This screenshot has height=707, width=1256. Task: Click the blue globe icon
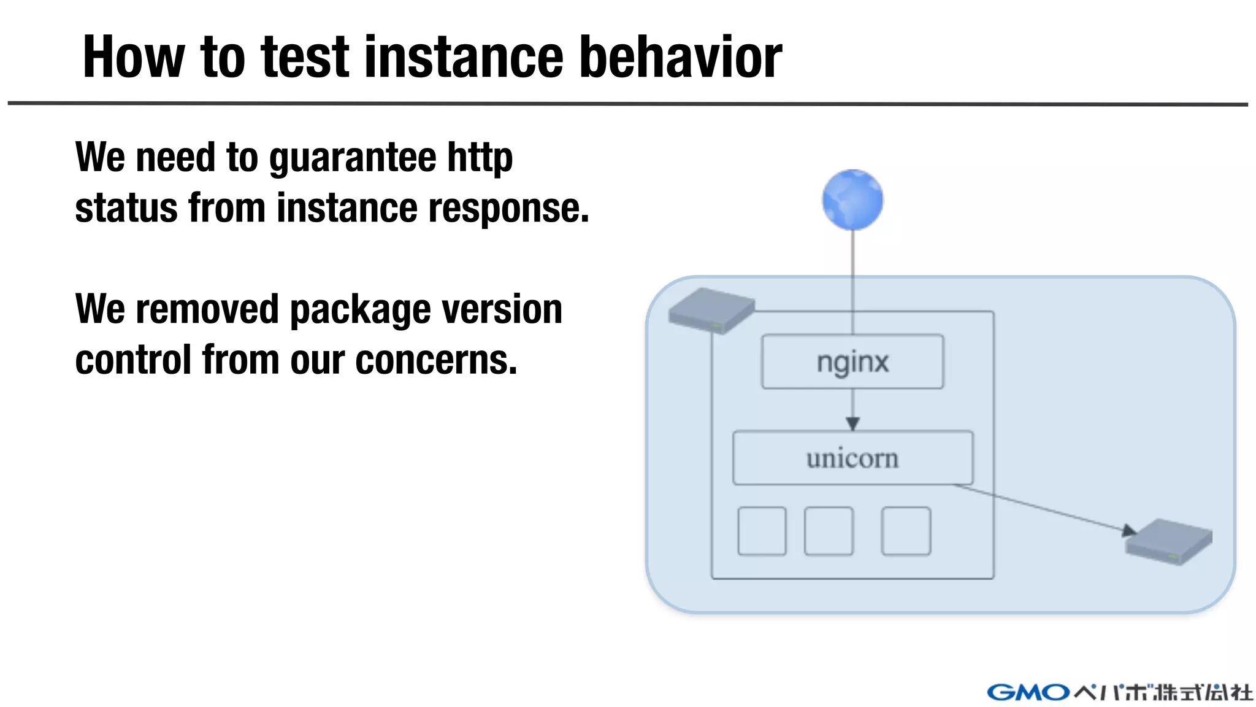[x=852, y=200]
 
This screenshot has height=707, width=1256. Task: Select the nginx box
[x=852, y=361]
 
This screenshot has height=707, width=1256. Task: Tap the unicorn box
[x=852, y=458]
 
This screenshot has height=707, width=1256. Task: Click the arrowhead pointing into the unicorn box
[x=852, y=423]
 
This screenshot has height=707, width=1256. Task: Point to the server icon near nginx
[x=711, y=311]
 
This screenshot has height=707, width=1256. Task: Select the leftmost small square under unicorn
[x=762, y=531]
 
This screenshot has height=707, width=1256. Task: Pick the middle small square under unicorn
[x=829, y=531]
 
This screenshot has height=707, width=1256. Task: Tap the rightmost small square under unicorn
[x=906, y=531]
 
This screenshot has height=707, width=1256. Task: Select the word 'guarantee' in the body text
[x=353, y=157]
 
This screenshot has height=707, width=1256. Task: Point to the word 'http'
[x=480, y=157]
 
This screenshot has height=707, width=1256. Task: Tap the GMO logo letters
[x=1028, y=692]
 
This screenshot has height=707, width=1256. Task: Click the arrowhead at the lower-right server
[x=1129, y=531]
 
